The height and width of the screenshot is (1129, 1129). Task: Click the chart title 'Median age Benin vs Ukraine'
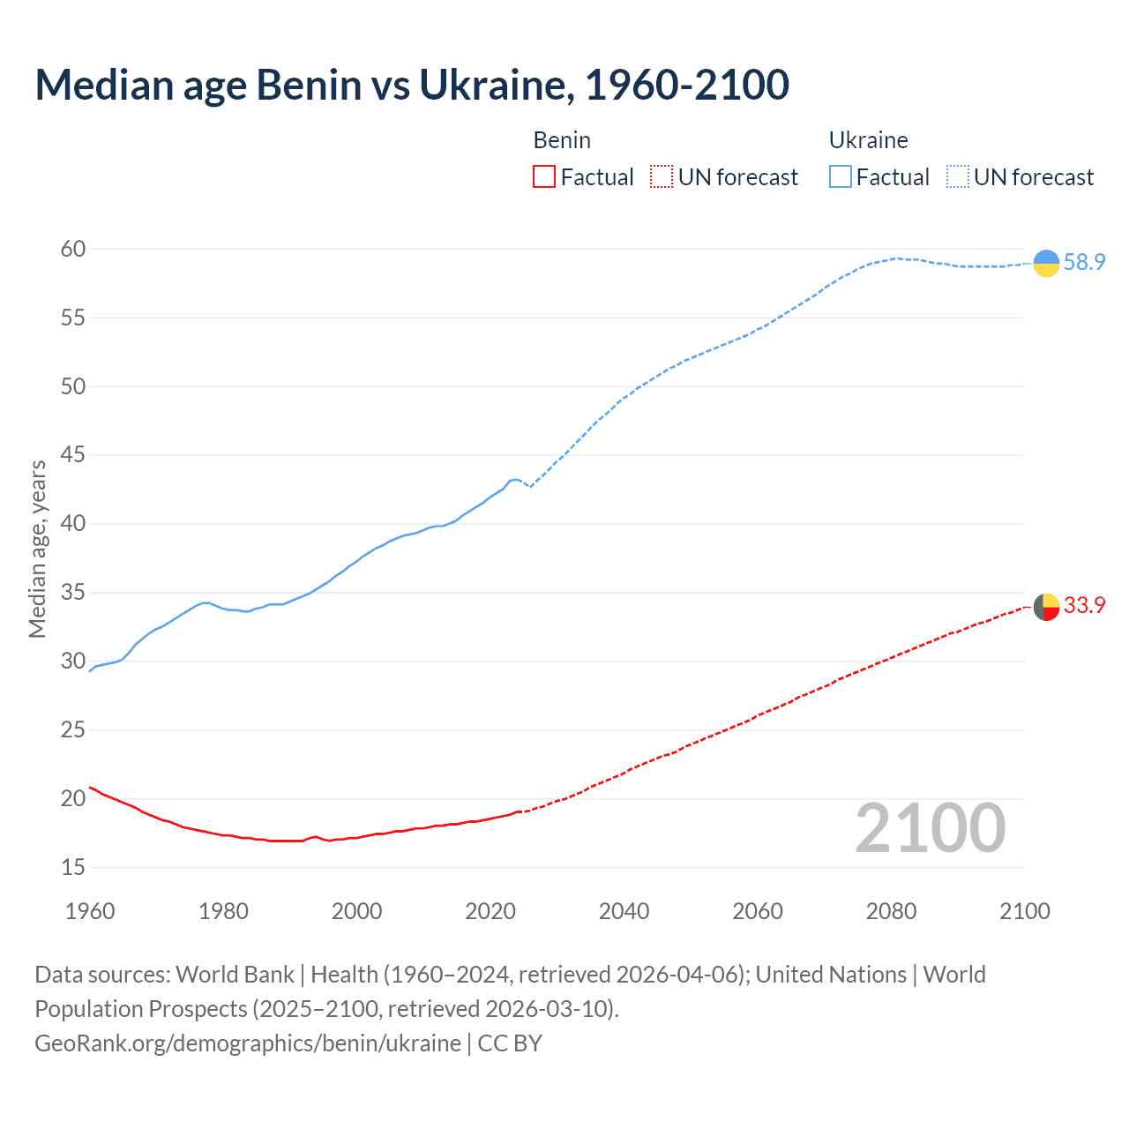tap(412, 85)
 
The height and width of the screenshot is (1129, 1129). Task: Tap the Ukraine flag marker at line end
tap(1046, 263)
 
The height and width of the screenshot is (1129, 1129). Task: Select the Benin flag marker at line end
tap(1046, 607)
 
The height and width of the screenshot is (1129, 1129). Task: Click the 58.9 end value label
tap(1084, 263)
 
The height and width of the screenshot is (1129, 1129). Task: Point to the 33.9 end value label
tap(1084, 605)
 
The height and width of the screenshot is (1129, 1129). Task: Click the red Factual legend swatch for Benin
tap(544, 177)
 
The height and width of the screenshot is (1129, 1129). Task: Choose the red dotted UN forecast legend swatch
tap(662, 177)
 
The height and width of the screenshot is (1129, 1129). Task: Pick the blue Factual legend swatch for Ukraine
tap(841, 177)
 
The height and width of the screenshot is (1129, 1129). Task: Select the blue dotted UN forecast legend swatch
tap(958, 177)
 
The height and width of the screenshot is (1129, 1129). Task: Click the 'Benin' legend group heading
tap(562, 140)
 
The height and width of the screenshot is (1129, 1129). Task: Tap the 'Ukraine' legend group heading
tap(868, 140)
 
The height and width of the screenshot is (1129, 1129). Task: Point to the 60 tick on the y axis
tap(73, 249)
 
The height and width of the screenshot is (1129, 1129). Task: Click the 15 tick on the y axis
tap(73, 868)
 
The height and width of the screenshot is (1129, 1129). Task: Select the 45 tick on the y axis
tap(73, 455)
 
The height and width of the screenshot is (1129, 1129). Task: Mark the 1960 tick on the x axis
tap(90, 911)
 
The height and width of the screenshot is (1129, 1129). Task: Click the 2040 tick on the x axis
tap(624, 911)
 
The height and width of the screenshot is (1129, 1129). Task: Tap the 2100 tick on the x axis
tap(1024, 911)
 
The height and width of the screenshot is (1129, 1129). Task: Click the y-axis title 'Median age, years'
tap(37, 549)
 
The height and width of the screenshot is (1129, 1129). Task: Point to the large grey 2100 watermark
tap(931, 828)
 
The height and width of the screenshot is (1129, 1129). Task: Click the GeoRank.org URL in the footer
tap(248, 1043)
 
